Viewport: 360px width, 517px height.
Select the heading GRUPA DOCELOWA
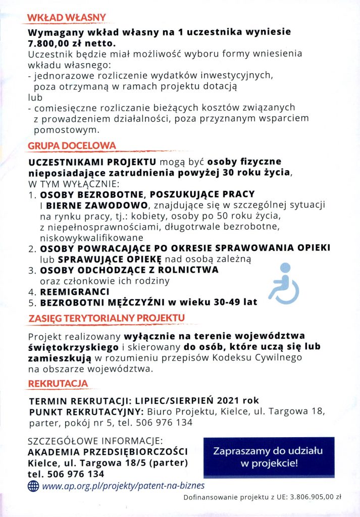72,145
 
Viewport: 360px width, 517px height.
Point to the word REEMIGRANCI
75,292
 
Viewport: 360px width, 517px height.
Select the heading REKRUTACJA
58,384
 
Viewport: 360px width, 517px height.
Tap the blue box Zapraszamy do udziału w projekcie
268,456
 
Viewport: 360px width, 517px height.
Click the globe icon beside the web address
33,486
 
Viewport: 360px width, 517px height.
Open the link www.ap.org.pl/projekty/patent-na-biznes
124,486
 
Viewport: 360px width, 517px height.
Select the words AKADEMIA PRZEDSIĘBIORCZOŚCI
108,451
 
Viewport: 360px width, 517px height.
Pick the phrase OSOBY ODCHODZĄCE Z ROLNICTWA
129,270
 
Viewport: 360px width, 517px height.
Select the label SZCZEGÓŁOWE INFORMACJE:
95,440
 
